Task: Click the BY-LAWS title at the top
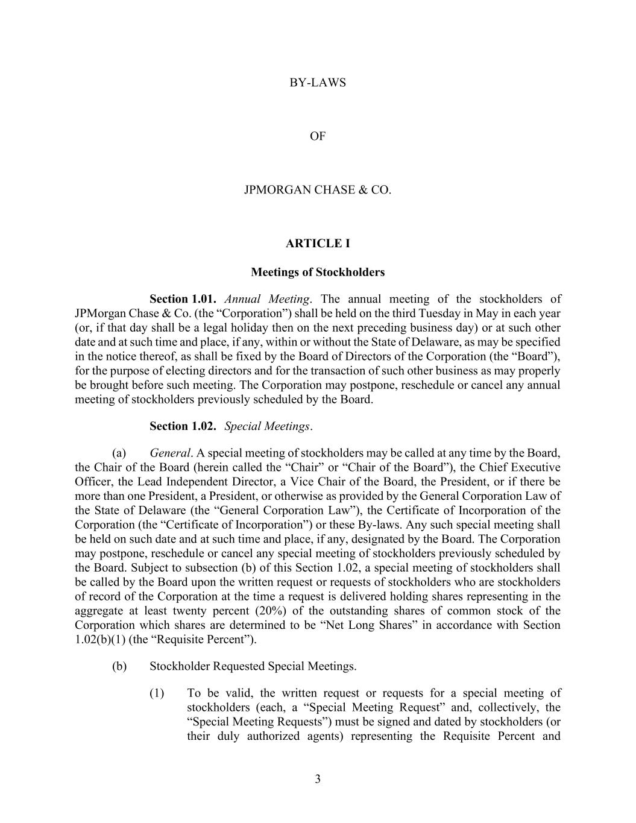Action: (x=318, y=83)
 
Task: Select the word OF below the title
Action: (x=318, y=136)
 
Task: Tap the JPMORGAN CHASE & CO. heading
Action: (x=318, y=190)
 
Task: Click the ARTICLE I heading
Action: (x=318, y=244)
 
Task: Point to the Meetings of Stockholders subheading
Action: (x=318, y=272)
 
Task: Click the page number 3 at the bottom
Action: (x=318, y=779)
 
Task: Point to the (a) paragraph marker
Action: (x=119, y=453)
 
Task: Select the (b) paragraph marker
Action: (x=119, y=666)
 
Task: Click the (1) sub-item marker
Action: (x=157, y=693)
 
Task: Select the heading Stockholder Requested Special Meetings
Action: (x=253, y=666)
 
